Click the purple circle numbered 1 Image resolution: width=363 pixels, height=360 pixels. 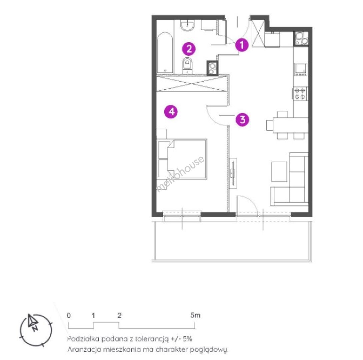[242, 45]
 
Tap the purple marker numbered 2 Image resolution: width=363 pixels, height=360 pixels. [189, 49]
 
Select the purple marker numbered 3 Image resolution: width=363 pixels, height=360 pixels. [242, 119]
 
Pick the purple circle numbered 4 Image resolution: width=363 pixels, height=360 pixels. [171, 112]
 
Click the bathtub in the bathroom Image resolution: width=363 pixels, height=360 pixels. [165, 53]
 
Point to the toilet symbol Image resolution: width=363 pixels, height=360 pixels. [188, 66]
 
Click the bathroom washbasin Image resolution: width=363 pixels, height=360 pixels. [188, 25]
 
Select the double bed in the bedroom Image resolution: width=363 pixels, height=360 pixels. [182, 159]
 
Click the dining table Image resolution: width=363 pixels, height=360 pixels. [291, 125]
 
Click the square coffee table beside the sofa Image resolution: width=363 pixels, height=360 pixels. [279, 172]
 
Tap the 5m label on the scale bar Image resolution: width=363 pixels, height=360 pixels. [195, 315]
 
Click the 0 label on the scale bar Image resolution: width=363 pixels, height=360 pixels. [69, 315]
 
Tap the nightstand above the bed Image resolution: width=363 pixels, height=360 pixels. [162, 134]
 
